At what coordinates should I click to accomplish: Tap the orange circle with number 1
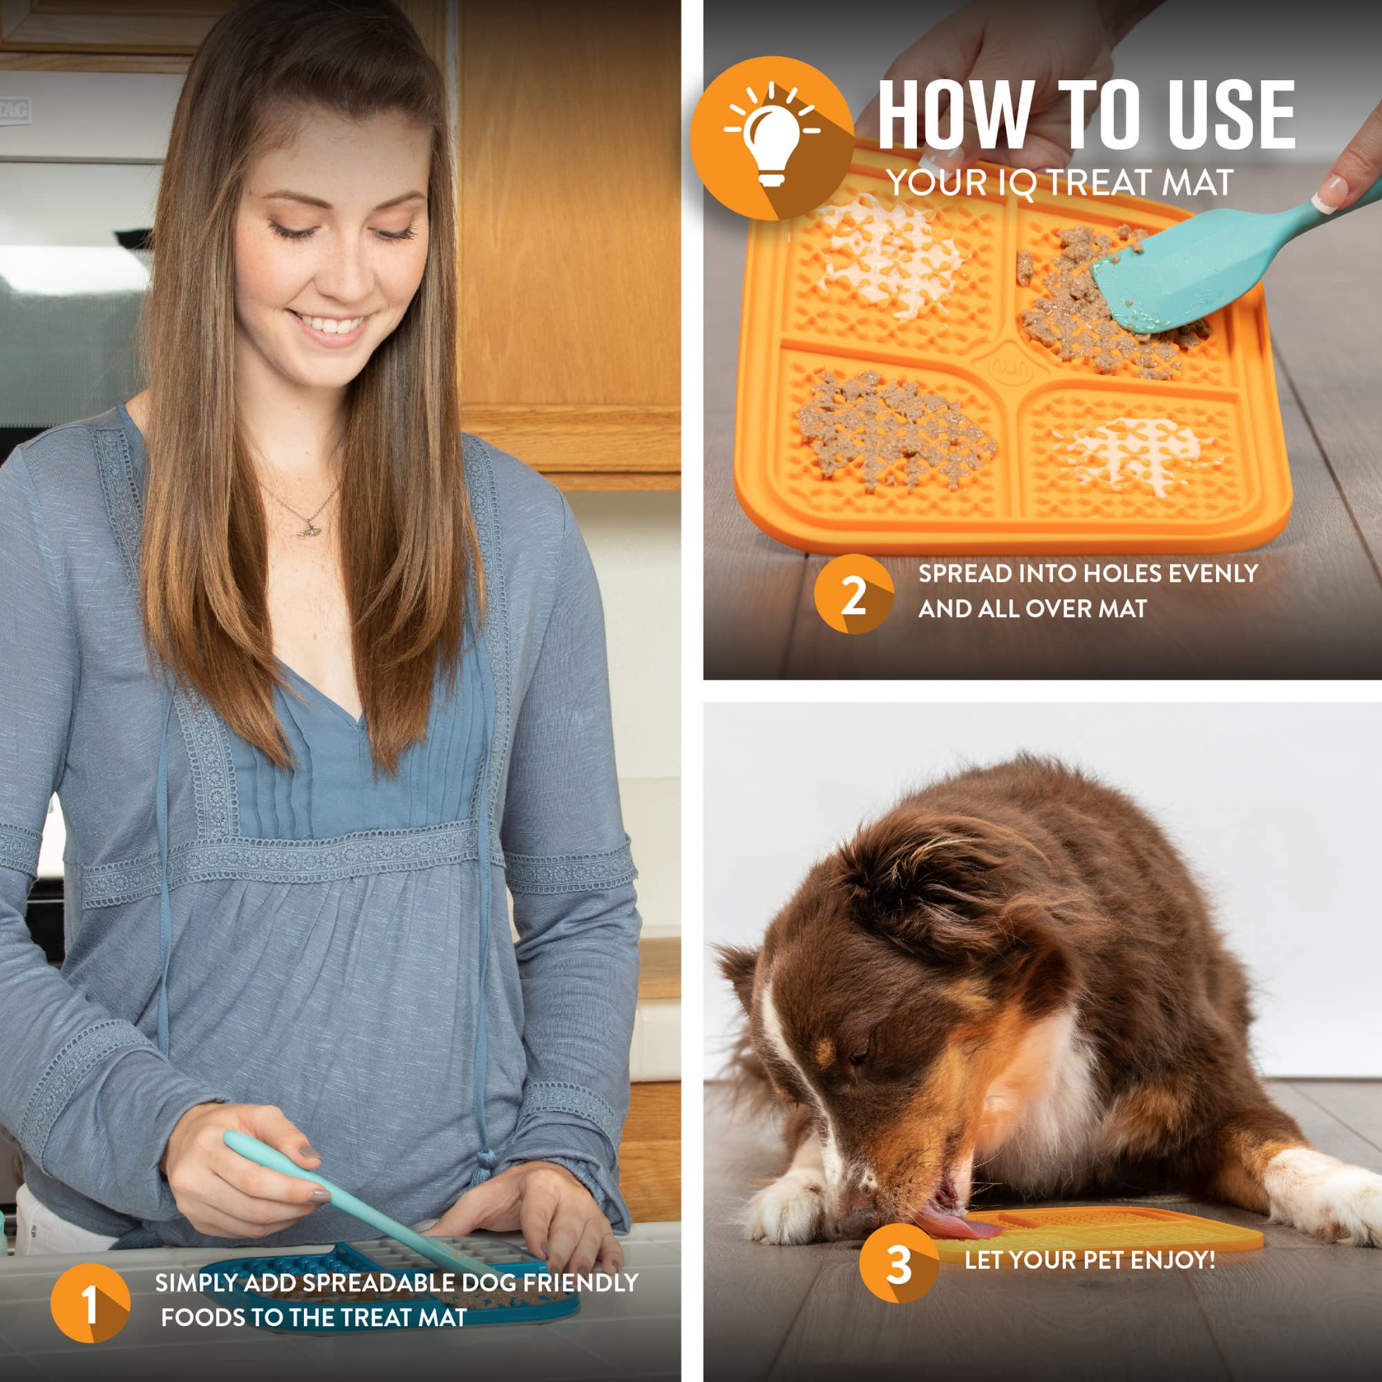90,1303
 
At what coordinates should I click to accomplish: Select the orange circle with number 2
853,594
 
